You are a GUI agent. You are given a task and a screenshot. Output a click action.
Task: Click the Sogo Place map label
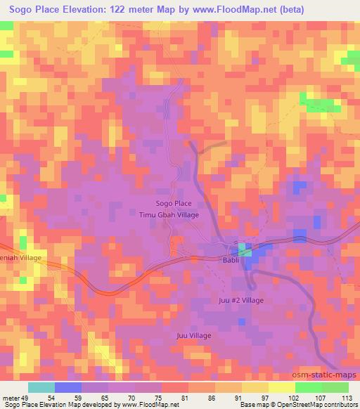click(169, 203)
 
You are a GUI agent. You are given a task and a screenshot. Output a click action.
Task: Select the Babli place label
click(232, 260)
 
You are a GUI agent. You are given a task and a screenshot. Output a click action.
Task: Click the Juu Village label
click(194, 335)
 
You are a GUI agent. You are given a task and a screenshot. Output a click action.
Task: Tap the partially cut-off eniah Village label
click(21, 258)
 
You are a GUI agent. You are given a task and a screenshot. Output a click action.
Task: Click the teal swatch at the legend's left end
click(41, 387)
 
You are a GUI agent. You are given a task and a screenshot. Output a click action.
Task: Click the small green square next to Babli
click(243, 248)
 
